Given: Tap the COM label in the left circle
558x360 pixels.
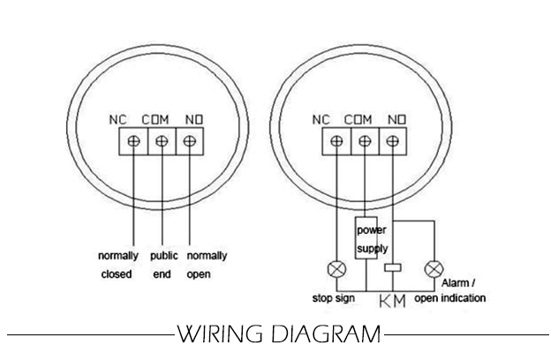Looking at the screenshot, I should (160, 118).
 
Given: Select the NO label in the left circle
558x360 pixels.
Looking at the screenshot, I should (194, 118).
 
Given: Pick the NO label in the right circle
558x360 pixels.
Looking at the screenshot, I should (398, 118).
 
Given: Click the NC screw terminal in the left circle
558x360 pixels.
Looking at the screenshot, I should (133, 140).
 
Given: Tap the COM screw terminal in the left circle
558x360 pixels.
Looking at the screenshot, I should (161, 140).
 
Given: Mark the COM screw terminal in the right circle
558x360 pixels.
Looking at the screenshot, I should (365, 140).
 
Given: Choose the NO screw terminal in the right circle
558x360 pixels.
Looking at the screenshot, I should (392, 140).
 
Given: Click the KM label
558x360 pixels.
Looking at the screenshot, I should (392, 303).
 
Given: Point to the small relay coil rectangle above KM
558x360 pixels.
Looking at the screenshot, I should (392, 266).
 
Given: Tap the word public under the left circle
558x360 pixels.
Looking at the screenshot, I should (164, 256).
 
